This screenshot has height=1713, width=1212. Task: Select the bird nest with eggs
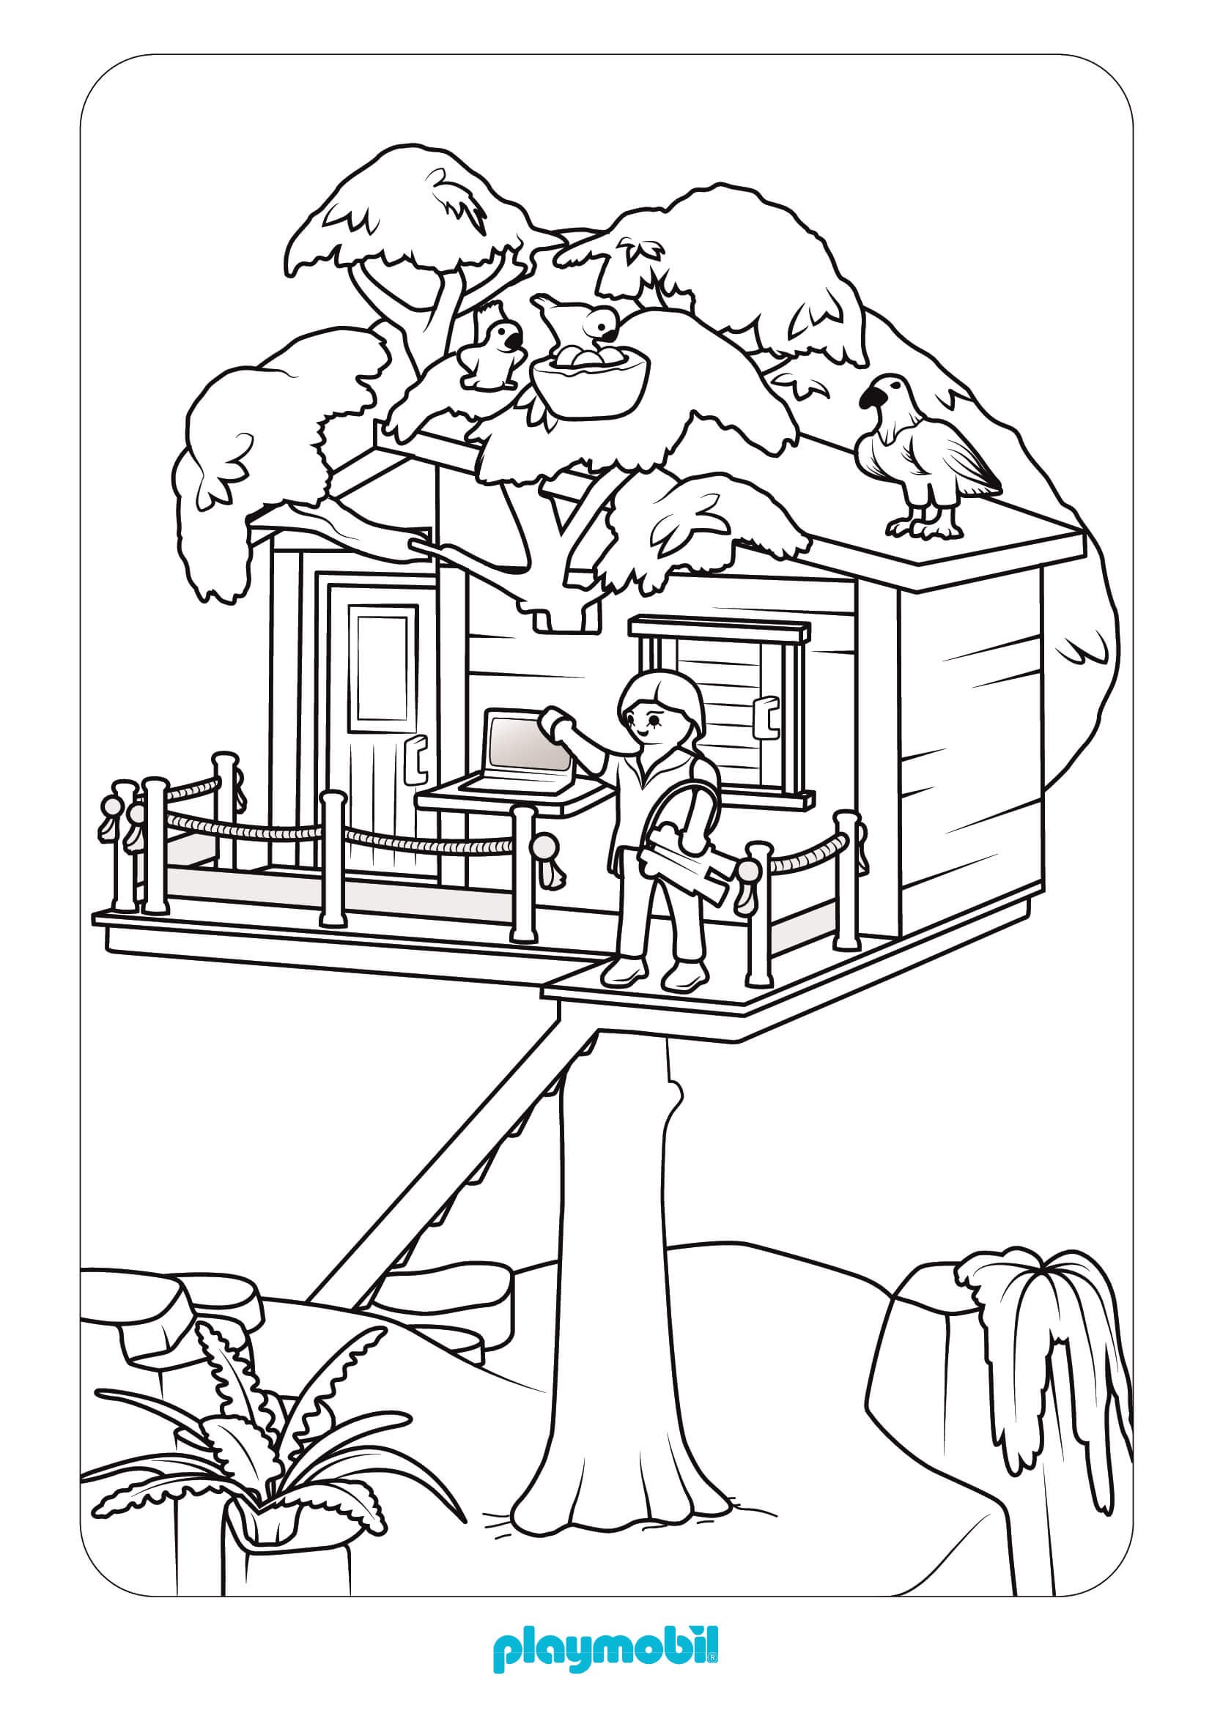589,376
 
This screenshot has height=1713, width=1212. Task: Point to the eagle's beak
871,401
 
